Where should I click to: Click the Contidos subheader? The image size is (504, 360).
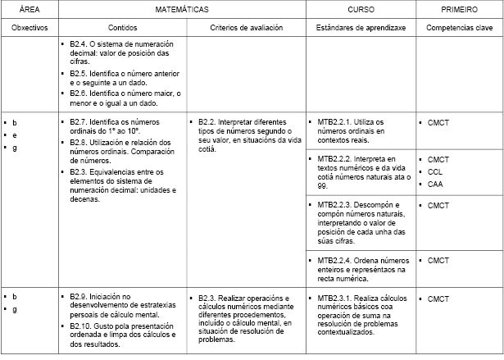[121, 27]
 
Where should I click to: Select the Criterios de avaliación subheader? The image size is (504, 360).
[246, 27]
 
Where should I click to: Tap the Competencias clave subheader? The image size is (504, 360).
[459, 27]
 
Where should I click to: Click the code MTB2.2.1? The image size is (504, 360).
[335, 121]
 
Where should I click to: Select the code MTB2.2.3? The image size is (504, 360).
[335, 204]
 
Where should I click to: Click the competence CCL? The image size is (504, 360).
[435, 171]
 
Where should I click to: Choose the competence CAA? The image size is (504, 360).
[435, 185]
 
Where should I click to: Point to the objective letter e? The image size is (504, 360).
[14, 134]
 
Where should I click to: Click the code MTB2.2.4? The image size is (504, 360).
[335, 260]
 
